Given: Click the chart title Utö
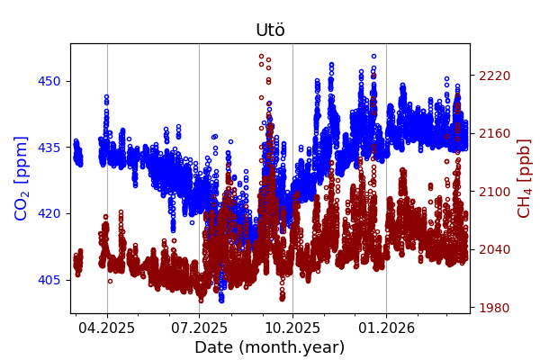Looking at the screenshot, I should (270, 30).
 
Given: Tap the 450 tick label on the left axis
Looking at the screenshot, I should (49, 81).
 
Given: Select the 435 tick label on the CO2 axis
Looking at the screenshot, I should (49, 147).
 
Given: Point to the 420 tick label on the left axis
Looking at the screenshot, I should (49, 213).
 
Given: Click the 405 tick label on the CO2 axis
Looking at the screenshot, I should (49, 280).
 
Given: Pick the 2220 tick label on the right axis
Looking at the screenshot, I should (494, 76).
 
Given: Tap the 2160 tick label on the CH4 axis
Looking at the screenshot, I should (494, 133).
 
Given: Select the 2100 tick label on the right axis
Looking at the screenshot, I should (494, 192).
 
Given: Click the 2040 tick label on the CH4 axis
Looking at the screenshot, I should (494, 249).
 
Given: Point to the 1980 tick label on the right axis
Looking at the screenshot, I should (494, 308).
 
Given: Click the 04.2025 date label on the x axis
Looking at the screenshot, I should (107, 328).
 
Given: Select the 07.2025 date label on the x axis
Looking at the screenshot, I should (199, 328).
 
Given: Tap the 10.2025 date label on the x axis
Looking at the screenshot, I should (292, 328).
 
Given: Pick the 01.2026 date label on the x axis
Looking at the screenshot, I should (386, 328).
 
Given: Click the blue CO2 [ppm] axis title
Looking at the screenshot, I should (22, 178).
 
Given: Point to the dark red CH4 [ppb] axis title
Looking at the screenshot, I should (525, 178).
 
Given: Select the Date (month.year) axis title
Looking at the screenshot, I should (270, 347).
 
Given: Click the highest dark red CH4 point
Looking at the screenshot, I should (261, 56).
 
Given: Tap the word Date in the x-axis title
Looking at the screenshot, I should (213, 347).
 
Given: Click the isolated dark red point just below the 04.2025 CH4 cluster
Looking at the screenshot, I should (110, 281).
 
